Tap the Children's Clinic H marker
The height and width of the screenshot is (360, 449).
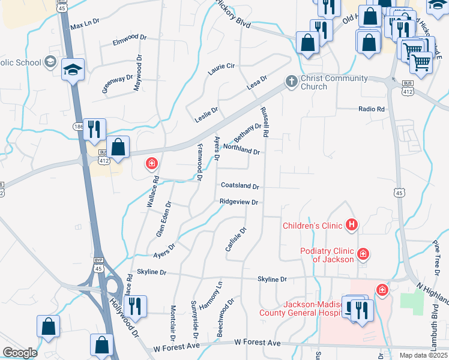(x=352, y=226)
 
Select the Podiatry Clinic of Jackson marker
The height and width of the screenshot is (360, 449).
(x=363, y=254)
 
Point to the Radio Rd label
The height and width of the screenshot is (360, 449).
(x=371, y=109)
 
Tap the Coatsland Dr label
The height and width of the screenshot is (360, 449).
(x=240, y=187)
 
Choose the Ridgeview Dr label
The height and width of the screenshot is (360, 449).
(x=238, y=202)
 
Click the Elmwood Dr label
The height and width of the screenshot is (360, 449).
(x=130, y=40)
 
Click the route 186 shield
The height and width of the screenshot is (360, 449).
(x=79, y=127)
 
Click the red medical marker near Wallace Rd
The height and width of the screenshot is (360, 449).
(x=152, y=163)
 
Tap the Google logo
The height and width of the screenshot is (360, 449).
(x=20, y=353)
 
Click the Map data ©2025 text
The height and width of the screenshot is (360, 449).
(x=423, y=355)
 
